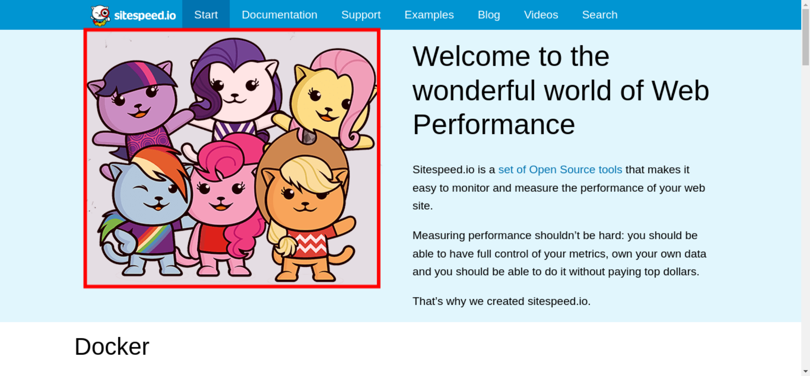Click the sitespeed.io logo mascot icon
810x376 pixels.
tap(100, 15)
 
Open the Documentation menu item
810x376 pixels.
tap(279, 15)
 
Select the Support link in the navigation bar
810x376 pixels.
tap(361, 15)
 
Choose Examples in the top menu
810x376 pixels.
tap(429, 15)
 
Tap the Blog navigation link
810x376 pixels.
tap(489, 15)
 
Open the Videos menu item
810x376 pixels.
tap(541, 15)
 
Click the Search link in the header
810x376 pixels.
tap(600, 15)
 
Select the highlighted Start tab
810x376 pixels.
tap(206, 15)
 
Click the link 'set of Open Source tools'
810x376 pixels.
tap(560, 170)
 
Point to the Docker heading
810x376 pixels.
tap(112, 346)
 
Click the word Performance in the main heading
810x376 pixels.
tap(494, 125)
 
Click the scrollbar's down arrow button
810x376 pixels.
tap(806, 371)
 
